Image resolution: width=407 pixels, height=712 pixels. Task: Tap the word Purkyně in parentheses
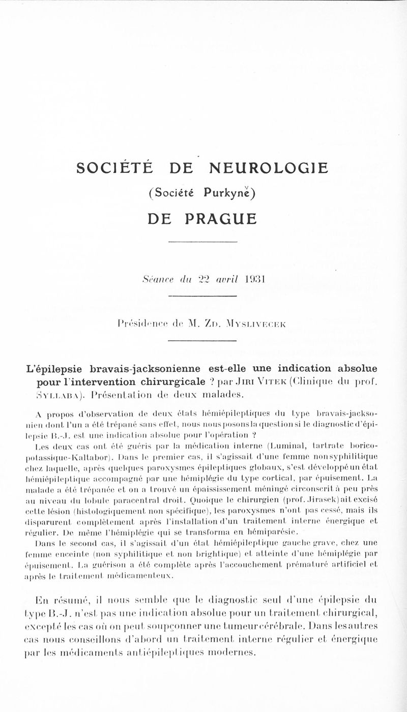227,193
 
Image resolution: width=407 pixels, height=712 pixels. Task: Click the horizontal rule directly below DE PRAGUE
203,241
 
